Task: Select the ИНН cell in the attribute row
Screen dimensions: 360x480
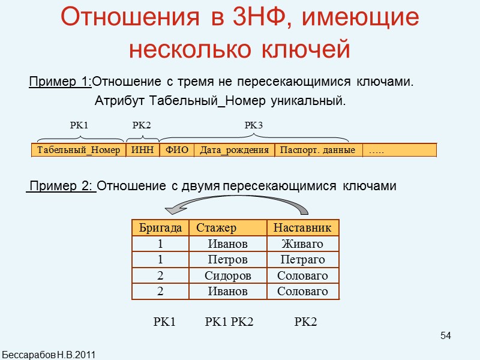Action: coord(142,150)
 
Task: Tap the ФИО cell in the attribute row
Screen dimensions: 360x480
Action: coord(176,150)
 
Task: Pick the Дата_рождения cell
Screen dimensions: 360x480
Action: coord(234,150)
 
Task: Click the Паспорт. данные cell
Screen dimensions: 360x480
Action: coord(318,150)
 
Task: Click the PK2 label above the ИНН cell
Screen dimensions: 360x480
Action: coord(142,125)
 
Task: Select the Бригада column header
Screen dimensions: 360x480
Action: coord(160,228)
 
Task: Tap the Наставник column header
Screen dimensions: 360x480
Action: coord(302,228)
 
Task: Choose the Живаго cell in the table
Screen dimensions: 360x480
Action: coord(302,244)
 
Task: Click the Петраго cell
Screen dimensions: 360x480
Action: coord(302,260)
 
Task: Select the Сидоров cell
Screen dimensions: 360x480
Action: coord(227,276)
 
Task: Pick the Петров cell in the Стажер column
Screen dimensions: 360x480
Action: coord(227,260)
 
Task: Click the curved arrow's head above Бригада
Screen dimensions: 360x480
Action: coord(174,209)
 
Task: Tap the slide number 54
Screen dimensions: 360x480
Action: coord(445,335)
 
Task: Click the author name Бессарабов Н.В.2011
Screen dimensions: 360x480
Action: coord(49,353)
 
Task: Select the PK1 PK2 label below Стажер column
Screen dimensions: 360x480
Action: coord(229,323)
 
